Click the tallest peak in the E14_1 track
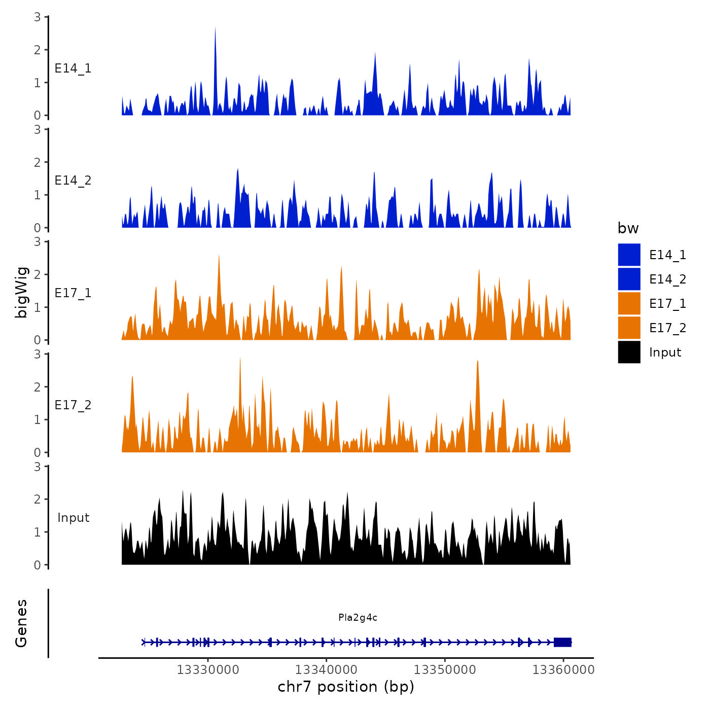tap(215, 30)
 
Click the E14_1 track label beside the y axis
tap(73, 68)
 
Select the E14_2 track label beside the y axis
tap(73, 181)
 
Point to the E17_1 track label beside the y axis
tap(73, 293)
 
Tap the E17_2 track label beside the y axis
tap(73, 405)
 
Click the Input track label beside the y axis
tap(73, 518)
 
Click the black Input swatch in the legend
tap(629, 352)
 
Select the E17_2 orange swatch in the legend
tap(629, 328)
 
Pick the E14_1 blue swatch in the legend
tap(629, 255)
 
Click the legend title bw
tap(628, 229)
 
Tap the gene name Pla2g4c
tap(358, 618)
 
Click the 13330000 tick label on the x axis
tap(208, 669)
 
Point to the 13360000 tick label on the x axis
tap(563, 669)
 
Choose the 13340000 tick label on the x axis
tap(327, 669)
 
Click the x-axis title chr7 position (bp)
tap(346, 687)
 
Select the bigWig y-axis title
tap(21, 292)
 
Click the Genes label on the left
tap(21, 623)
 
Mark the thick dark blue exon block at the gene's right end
tap(562, 642)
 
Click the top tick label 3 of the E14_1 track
tap(38, 17)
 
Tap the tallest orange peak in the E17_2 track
tap(240, 360)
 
